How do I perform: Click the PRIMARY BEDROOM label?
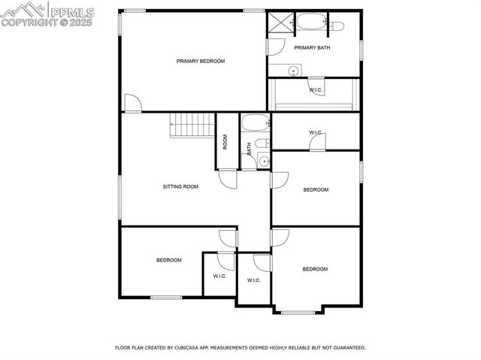201,61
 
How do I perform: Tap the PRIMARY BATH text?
312,48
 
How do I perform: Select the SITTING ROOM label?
180,186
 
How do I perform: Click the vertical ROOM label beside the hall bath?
225,141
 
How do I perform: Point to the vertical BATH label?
249,149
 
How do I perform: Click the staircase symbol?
192,125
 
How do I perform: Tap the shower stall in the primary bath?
280,23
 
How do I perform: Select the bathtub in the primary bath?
310,23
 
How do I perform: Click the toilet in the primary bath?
335,26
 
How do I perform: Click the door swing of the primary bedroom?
132,104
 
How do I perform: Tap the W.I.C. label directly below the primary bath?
316,90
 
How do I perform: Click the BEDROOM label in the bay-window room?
315,269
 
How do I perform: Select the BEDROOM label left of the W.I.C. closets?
169,260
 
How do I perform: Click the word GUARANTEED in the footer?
347,348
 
